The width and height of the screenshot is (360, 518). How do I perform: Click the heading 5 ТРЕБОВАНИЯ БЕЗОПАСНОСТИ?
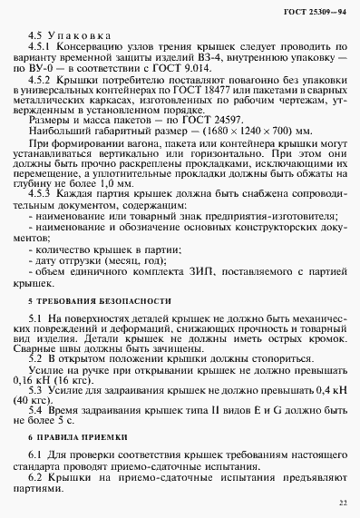pos(100,299)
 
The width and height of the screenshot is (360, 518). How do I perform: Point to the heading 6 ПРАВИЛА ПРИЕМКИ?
pos(79,435)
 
